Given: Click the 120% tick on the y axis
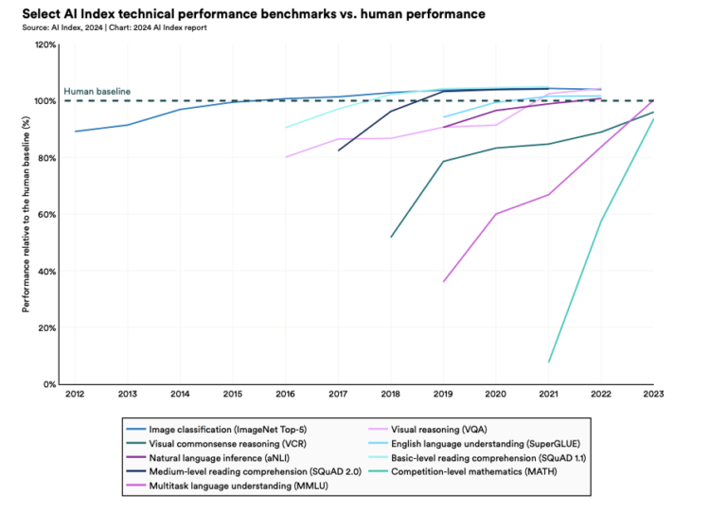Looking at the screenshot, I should point(45,44).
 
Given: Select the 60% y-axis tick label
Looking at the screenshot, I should point(47,214).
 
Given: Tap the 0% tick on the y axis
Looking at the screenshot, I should point(50,384).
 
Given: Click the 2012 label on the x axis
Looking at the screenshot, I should point(75,394).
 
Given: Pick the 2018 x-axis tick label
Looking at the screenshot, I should point(390,394).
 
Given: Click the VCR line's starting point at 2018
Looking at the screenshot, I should point(391,237).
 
